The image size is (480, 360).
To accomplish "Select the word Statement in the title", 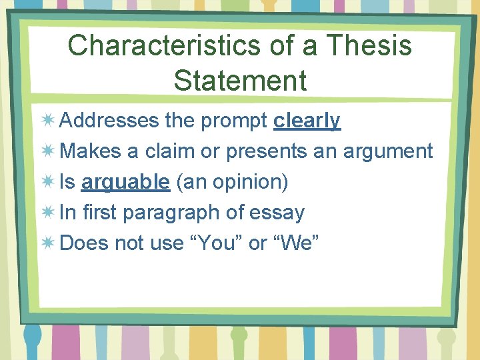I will point(240,80).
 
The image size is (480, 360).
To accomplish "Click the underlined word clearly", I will point(307,121).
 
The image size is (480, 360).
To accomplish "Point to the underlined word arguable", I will point(126,182).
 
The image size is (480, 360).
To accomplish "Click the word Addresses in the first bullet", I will point(109,121).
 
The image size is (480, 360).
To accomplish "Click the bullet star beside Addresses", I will point(47,121).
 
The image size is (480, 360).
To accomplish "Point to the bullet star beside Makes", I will point(47,151).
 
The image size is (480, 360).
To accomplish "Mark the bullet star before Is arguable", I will point(47,182).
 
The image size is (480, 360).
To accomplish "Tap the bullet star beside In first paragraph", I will point(47,213).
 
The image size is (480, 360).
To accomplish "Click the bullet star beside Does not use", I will point(47,243).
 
